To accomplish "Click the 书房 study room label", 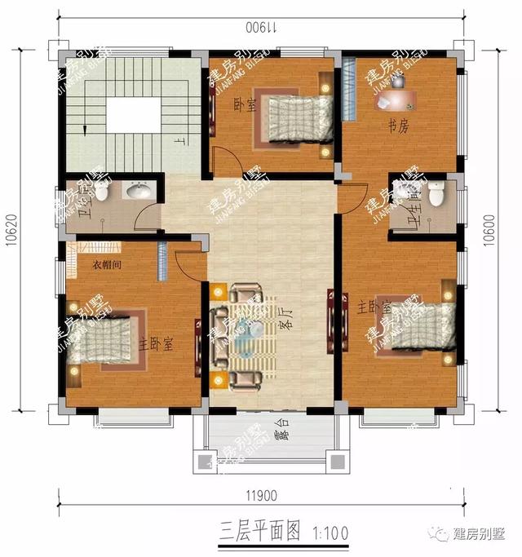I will (x=397, y=126).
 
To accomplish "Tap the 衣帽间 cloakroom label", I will (x=105, y=265).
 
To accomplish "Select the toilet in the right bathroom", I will (x=436, y=194).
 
